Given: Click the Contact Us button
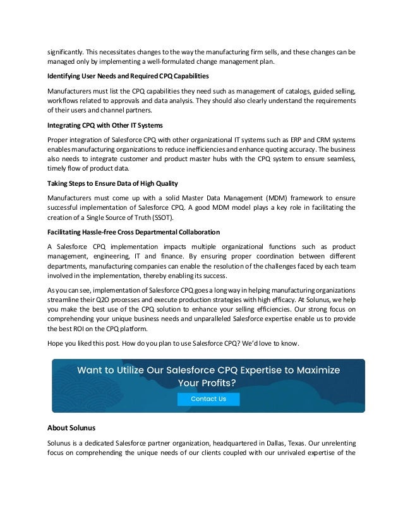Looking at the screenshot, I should (x=208, y=399).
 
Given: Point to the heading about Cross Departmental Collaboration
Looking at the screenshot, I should (x=133, y=231).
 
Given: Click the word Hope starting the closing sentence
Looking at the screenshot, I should (x=57, y=343).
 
